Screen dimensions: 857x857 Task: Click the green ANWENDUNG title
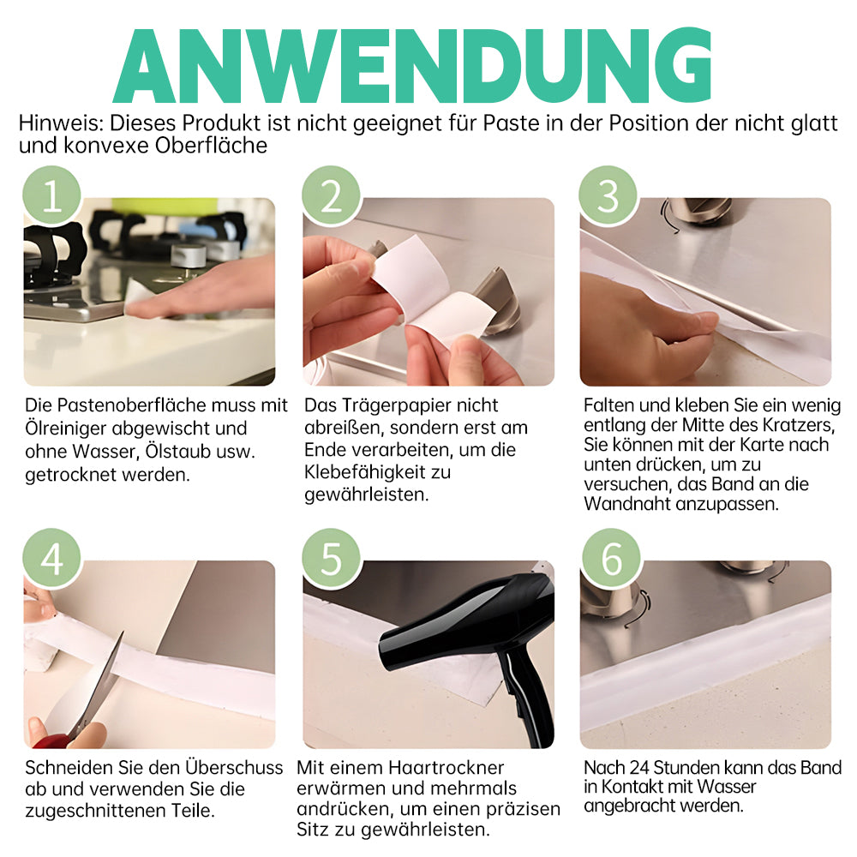click(x=413, y=66)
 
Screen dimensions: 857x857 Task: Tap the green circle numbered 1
click(x=52, y=195)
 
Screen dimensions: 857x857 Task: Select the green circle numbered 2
click(x=331, y=195)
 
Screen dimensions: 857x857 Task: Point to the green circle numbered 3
click(x=608, y=195)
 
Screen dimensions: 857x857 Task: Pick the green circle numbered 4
click(x=52, y=558)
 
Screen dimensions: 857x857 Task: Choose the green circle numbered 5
click(x=331, y=558)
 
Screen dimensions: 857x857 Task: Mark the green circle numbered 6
click(x=610, y=558)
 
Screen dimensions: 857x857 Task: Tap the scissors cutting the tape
click(x=82, y=694)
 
